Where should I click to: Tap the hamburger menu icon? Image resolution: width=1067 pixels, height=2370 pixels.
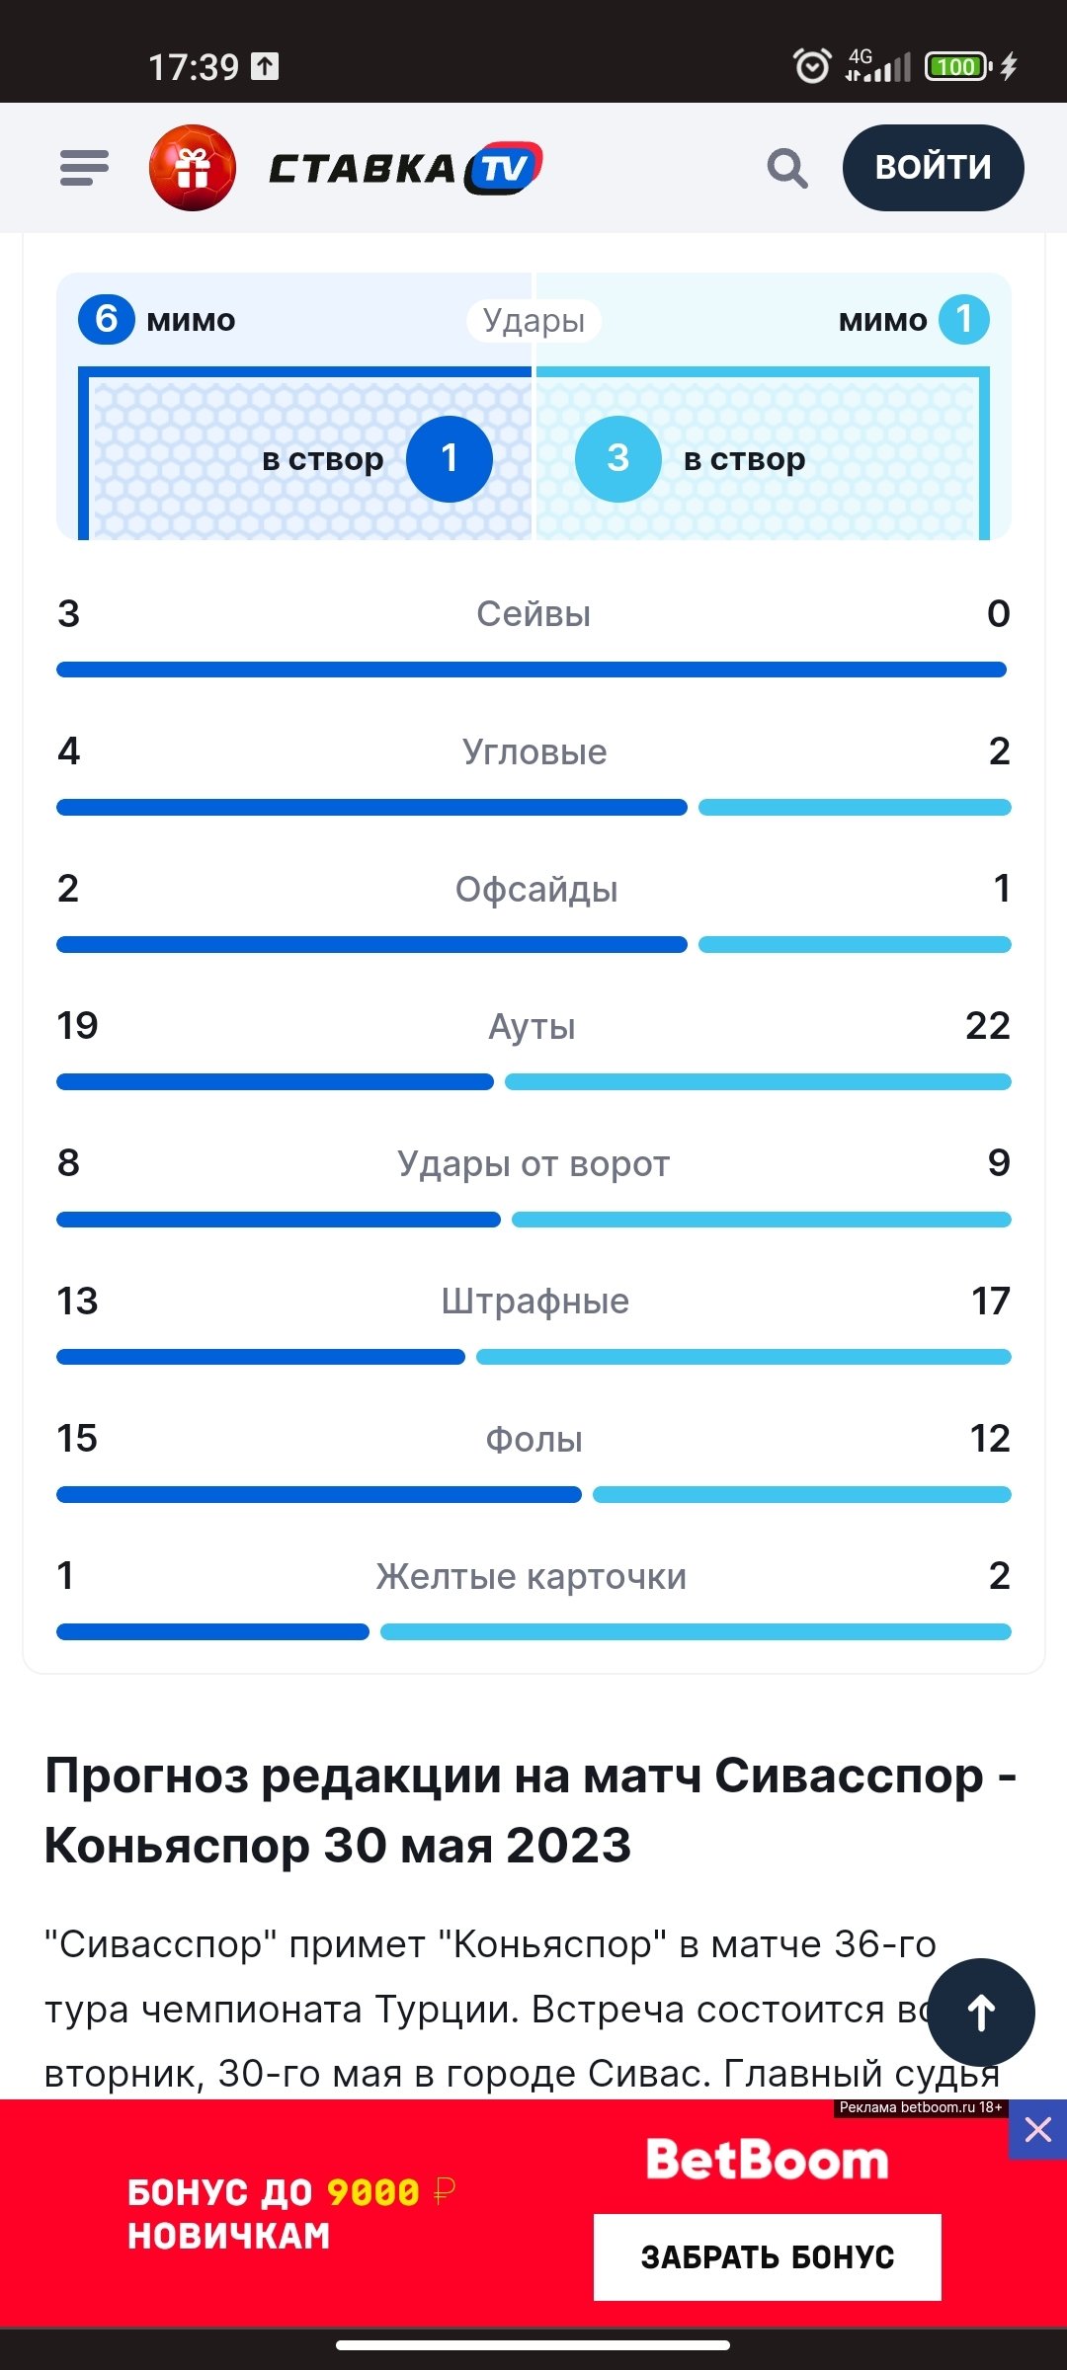point(84,168)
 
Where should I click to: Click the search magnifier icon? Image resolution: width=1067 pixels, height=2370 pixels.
point(787,168)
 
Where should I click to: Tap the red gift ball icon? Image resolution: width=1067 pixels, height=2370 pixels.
point(193,168)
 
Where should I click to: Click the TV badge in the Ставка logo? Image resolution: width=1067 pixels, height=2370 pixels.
point(505,168)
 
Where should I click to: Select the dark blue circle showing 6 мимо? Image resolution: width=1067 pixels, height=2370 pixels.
point(107,319)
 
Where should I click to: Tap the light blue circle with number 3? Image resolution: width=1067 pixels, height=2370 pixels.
point(617,458)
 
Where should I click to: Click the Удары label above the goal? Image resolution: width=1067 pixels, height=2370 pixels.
point(533,320)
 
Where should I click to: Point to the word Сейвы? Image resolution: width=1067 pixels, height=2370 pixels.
point(533,614)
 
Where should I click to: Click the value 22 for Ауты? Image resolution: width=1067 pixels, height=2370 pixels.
point(987,1026)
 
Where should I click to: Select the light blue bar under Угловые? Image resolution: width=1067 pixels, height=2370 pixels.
point(855,808)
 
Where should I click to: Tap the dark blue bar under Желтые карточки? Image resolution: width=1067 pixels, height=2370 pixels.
point(212,1632)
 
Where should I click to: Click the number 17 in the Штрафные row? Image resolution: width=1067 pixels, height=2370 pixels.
point(990,1302)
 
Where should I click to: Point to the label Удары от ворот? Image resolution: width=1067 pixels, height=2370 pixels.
point(533,1164)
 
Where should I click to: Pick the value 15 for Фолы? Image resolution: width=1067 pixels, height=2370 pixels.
point(77,1439)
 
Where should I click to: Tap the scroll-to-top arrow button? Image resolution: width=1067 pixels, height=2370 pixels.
point(981,2012)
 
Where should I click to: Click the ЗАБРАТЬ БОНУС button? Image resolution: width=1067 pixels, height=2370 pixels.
point(767,2257)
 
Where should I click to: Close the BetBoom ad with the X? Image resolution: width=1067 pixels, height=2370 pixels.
point(1037,2130)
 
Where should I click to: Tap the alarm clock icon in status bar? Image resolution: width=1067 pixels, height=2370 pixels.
point(812,66)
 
